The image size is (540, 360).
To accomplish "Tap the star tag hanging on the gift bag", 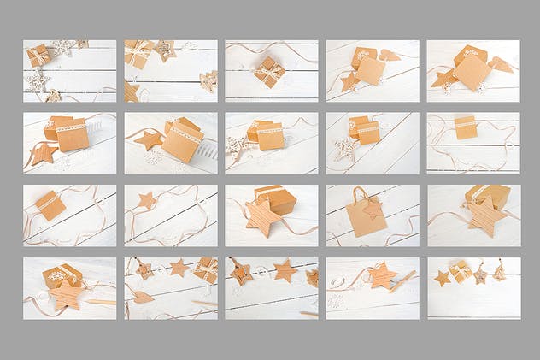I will point(373,208).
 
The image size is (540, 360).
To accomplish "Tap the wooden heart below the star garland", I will point(142,297).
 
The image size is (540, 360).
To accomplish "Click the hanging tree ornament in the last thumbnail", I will point(499,272).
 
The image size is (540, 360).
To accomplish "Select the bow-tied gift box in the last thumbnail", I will point(461,271).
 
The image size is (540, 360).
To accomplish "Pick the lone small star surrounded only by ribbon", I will point(147,200).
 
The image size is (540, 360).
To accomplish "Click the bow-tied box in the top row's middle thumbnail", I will point(271,71).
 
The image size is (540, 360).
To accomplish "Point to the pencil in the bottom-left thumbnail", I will point(101,302).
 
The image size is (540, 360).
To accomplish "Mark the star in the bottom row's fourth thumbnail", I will point(382,276).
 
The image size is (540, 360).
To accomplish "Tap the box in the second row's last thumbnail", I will point(466,127).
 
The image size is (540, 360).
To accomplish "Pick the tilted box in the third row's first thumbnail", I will point(50,205).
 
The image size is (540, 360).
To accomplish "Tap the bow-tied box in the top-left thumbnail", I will point(38,56).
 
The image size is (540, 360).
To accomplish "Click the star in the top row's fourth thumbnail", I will point(349,82).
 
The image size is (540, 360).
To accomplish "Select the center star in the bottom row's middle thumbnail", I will point(285,272).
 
